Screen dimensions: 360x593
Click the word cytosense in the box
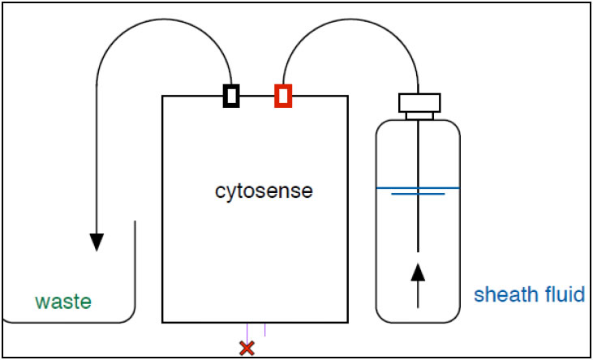[264, 192]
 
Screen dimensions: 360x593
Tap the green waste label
[62, 302]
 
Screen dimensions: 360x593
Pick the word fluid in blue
[560, 294]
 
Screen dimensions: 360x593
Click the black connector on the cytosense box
[231, 96]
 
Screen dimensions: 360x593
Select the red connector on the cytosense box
[282, 96]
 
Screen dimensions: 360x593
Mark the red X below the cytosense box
[247, 348]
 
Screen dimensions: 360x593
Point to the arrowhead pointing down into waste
[97, 242]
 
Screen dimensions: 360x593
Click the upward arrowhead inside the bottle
[419, 270]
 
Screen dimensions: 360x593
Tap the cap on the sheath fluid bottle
[419, 102]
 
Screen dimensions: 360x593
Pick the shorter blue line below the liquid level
[418, 195]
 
